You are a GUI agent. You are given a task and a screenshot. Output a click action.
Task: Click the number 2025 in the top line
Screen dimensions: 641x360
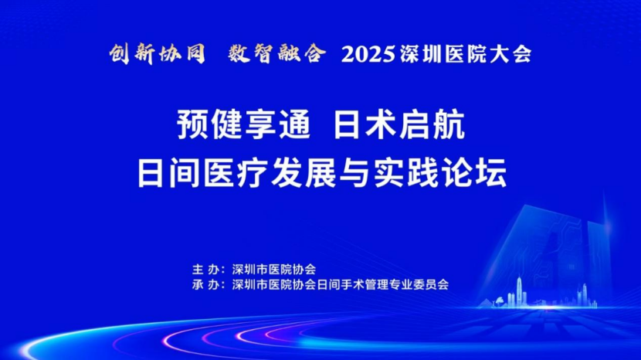[x=368, y=54]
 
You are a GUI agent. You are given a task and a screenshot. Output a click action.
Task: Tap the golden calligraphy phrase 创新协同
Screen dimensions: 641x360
[x=158, y=54]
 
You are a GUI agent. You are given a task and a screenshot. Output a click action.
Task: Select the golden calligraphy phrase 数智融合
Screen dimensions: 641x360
[x=276, y=53]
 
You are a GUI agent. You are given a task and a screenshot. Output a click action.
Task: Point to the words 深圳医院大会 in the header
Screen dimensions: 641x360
[x=466, y=54]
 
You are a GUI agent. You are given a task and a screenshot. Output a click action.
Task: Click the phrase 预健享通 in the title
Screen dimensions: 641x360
[x=243, y=125]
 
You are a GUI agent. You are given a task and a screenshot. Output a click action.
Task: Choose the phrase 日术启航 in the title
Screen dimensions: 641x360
[x=399, y=125]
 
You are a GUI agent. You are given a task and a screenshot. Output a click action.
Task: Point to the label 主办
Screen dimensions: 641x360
[x=207, y=270]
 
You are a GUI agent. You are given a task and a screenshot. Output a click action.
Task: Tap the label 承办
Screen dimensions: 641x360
[x=207, y=285]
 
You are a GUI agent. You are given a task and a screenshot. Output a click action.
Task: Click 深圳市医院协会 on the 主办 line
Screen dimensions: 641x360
[x=274, y=270]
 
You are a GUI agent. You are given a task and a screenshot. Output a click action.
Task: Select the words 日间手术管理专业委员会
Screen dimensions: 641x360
[x=382, y=285]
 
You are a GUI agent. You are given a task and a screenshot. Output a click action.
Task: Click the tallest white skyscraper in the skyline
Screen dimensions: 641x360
[x=519, y=291]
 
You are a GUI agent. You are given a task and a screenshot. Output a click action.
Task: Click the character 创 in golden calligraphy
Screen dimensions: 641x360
[x=120, y=54]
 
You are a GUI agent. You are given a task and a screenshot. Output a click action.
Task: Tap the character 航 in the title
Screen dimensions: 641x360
[x=449, y=125]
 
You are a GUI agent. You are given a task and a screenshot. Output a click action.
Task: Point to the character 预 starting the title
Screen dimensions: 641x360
[x=193, y=125]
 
